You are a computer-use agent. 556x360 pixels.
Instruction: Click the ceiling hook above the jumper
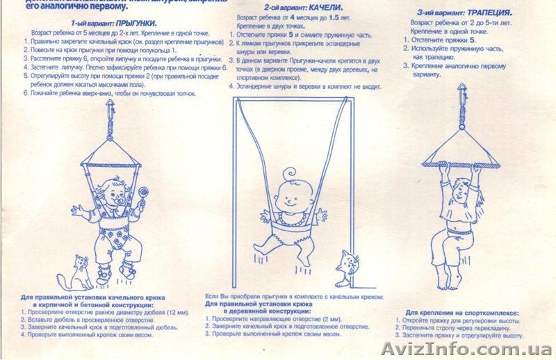tap(111, 108)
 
